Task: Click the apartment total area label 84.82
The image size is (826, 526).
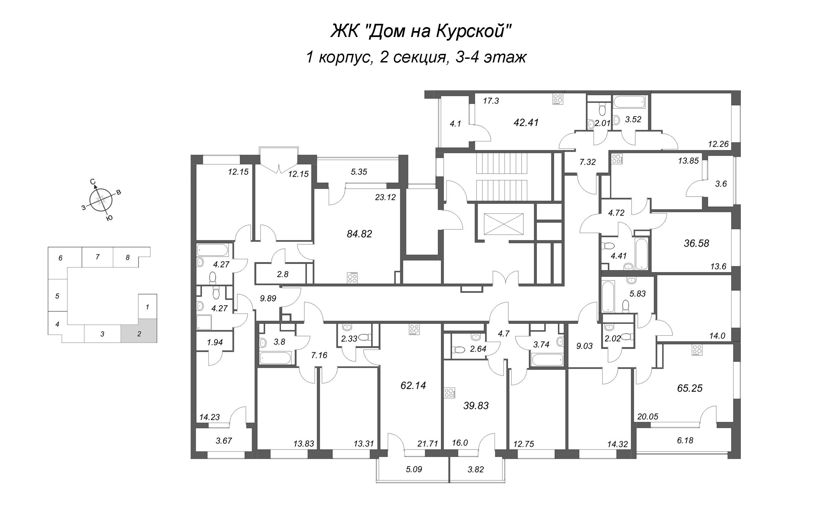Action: [359, 234]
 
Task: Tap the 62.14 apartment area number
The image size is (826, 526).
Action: [413, 386]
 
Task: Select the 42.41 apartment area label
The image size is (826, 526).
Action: [526, 123]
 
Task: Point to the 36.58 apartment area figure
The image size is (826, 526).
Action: [696, 243]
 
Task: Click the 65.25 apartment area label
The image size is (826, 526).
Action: [690, 388]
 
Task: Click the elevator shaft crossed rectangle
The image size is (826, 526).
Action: [504, 224]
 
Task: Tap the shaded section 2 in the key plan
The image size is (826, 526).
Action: [139, 331]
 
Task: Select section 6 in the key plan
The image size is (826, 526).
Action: [61, 258]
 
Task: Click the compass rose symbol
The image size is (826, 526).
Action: [101, 200]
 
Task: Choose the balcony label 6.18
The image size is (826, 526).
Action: [685, 440]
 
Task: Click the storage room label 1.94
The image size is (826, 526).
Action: [215, 342]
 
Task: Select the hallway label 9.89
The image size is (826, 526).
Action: [268, 298]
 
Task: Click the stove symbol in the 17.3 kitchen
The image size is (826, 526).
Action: [557, 99]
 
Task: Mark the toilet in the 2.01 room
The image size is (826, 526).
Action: [601, 109]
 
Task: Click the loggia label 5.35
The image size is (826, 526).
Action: [359, 172]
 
